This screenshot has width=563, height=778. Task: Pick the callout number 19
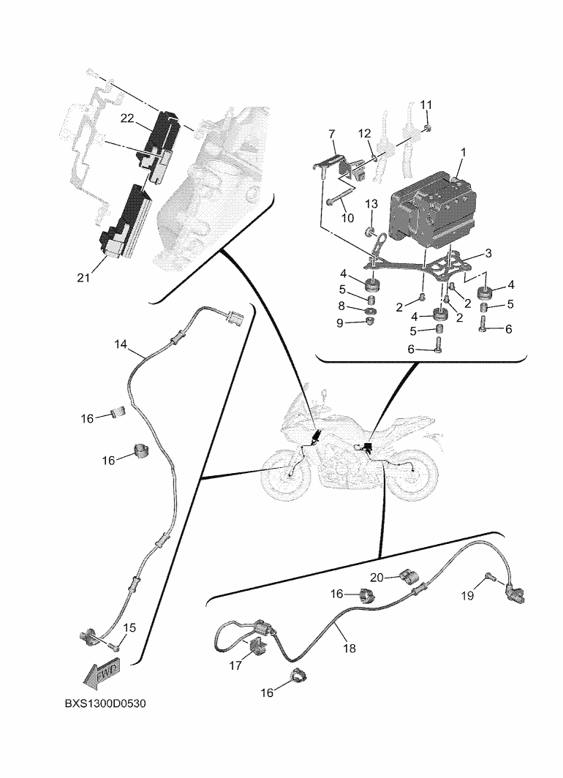(x=467, y=595)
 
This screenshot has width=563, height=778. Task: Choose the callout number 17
(x=235, y=666)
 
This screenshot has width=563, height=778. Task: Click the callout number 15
(x=129, y=627)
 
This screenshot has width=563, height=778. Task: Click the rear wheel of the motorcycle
(x=413, y=479)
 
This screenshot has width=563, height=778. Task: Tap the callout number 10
(x=347, y=219)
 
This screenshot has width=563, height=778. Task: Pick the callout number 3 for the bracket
(x=488, y=253)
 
